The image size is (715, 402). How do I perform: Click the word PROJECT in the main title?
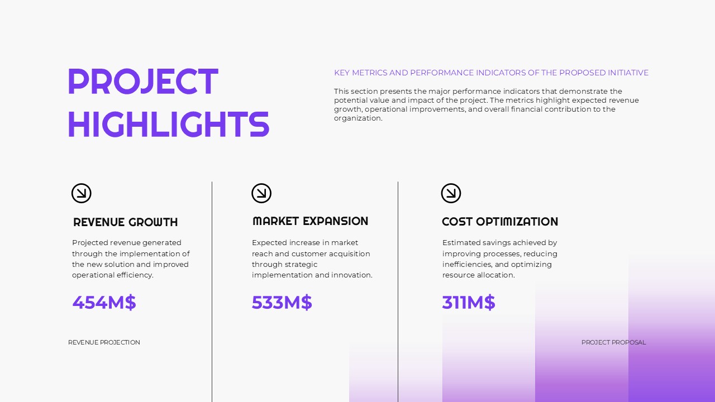[x=142, y=82]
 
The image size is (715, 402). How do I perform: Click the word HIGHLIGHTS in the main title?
[x=168, y=124]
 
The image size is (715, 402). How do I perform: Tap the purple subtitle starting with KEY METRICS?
[x=491, y=73]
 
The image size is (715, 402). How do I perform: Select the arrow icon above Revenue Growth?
[x=82, y=193]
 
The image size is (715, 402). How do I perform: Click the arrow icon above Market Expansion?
[x=261, y=193]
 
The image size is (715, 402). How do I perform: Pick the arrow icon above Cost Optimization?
[x=451, y=193]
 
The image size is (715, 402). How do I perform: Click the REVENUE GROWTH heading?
[x=126, y=222]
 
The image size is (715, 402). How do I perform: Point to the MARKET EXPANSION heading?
[x=310, y=221]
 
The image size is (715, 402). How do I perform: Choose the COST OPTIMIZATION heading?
[x=500, y=222]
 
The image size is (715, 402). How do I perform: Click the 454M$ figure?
[x=104, y=302]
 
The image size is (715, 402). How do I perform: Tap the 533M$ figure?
[x=282, y=302]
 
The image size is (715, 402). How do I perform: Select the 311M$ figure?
[x=469, y=302]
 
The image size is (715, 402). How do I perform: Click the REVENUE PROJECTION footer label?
[x=104, y=342]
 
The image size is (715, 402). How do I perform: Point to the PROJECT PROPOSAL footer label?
[x=613, y=342]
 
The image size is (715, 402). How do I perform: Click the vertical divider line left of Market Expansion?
[x=212, y=290]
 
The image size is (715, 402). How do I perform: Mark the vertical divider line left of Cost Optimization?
[x=398, y=290]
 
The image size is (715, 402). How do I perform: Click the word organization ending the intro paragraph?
[x=357, y=118]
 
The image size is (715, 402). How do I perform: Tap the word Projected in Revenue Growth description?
[x=90, y=243]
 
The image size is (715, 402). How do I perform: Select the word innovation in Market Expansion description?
[x=352, y=275]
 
